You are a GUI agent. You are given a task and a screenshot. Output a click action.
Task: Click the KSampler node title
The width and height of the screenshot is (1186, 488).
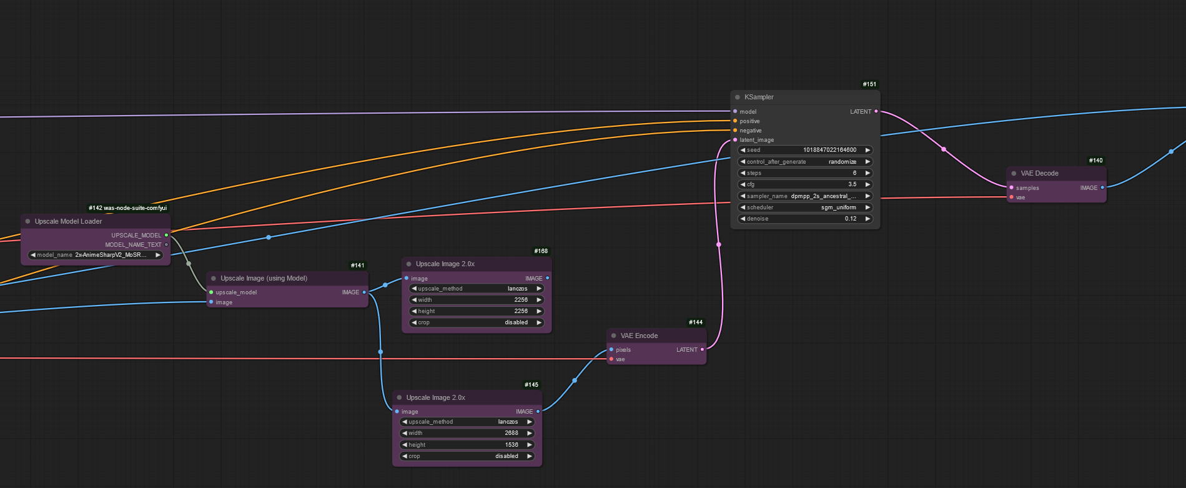tap(759, 97)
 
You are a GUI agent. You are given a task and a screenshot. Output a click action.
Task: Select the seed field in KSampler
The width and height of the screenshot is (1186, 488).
tap(805, 150)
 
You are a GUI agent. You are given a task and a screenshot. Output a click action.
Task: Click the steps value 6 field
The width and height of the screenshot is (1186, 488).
tap(805, 173)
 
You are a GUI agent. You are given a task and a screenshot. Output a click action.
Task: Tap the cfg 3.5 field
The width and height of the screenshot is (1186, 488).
tap(805, 184)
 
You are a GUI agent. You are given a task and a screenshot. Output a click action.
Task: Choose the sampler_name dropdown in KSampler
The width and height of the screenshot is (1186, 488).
tap(805, 196)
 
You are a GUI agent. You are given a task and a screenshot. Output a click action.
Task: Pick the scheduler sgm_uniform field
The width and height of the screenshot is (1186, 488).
tap(805, 207)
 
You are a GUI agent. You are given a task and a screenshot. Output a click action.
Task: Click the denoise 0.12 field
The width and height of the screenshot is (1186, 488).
tap(805, 219)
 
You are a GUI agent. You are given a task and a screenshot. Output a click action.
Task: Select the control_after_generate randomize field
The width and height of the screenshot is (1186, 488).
tap(805, 162)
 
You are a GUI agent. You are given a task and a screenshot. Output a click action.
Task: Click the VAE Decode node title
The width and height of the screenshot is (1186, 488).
tap(1039, 174)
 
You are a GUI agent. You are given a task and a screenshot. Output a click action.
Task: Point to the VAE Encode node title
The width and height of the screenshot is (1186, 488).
tap(639, 336)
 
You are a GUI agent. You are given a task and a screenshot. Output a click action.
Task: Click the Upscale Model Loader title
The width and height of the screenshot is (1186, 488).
tap(68, 222)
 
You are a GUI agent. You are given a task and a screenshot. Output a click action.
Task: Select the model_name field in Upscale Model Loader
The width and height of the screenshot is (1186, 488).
tap(96, 255)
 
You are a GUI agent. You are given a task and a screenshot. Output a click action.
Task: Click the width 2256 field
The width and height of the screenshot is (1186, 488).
tap(477, 300)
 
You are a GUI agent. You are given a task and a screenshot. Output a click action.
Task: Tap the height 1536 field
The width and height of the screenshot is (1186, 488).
tap(467, 445)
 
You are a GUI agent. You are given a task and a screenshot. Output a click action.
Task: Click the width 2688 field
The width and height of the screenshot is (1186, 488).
tap(467, 433)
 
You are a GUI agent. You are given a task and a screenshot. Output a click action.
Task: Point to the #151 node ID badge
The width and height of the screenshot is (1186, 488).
tap(869, 84)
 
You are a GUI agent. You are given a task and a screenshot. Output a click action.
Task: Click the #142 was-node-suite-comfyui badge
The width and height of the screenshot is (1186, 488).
tap(127, 208)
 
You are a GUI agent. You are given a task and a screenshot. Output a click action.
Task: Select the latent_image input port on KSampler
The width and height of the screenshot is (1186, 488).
tap(735, 140)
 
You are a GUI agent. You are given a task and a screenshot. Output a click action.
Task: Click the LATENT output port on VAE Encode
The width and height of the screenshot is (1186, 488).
tap(702, 350)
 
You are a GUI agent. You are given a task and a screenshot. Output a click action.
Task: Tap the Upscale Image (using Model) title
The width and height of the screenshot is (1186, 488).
tap(264, 279)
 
